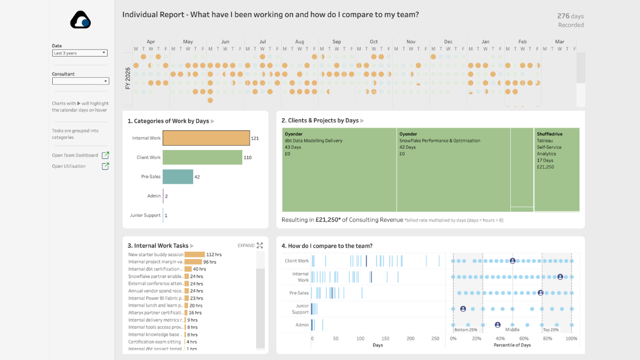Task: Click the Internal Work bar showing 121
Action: coord(206,138)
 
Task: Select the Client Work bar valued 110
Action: coord(202,157)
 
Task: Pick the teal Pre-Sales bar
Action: coord(178,177)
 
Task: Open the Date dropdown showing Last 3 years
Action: coord(79,53)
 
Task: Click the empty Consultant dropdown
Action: coord(81,81)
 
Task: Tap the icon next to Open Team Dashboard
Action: coord(106,155)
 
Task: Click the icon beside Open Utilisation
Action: coord(106,166)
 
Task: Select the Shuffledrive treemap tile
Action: coord(557,170)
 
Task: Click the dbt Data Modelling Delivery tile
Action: coord(339,170)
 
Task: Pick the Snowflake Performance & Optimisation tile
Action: coord(453,170)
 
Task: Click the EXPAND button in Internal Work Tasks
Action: coord(250,245)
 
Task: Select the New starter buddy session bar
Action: coord(194,254)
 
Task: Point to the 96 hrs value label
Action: coord(209,262)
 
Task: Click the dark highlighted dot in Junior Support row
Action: coord(463,309)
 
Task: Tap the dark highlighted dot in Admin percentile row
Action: coord(498,325)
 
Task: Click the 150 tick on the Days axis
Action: coord(386,339)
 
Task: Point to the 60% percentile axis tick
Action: coord(524,339)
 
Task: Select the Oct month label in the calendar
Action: coord(374,42)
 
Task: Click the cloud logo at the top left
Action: coord(81,20)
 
